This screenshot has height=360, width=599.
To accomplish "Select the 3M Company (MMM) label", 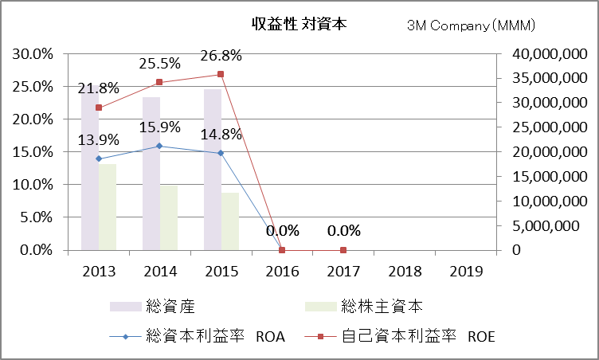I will tap(470, 26).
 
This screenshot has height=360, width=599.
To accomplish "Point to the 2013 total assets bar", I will tap(89, 175).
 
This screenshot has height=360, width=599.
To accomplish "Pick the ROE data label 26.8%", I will tap(221, 55).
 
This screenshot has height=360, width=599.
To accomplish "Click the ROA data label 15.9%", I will tap(159, 127).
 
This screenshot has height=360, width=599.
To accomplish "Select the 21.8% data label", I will tap(99, 88).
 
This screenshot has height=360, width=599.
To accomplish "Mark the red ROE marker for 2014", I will tap(159, 82).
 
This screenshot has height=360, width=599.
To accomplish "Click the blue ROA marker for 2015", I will tap(221, 153).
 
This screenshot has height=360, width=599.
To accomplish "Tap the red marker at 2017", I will tap(343, 250).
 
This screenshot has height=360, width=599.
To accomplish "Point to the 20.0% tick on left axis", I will tap(31, 119).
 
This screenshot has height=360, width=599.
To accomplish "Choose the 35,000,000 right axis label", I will tap(542, 78).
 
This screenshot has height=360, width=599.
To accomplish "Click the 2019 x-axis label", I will tap(466, 271).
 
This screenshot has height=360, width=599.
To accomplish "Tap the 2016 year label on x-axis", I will tap(282, 271).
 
